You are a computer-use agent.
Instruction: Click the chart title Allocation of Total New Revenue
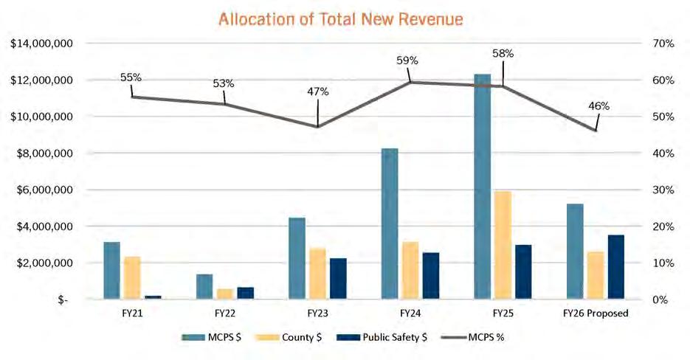341,19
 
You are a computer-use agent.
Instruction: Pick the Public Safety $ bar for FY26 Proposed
615,267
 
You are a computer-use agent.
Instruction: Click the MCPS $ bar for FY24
390,224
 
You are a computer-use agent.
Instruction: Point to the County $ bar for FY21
132,277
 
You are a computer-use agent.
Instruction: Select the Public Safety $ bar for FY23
338,279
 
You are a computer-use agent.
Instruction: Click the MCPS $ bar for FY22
204,286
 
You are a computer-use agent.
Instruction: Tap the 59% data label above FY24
407,60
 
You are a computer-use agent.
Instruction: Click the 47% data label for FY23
318,91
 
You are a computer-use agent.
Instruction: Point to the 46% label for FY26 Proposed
598,105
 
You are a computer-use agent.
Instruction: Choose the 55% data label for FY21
131,77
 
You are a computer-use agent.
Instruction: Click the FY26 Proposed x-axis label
595,313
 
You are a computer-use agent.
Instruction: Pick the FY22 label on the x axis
224,313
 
